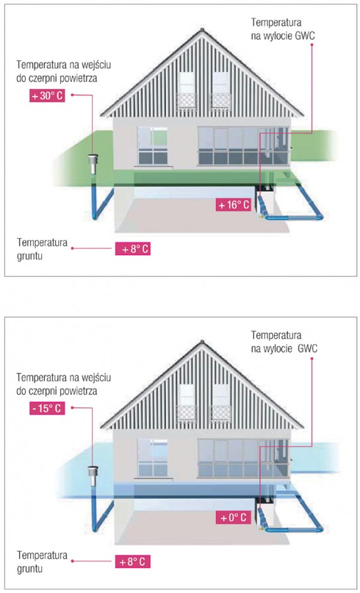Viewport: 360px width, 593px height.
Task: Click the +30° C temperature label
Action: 47,96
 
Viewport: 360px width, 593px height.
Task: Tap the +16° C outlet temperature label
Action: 234,205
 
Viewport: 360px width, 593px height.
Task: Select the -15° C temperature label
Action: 47,409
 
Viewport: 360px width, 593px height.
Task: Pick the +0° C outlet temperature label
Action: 234,517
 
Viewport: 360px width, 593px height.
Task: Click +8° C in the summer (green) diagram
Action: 133,249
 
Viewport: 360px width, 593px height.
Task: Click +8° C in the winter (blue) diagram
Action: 133,561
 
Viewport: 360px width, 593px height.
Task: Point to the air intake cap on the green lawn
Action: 92,164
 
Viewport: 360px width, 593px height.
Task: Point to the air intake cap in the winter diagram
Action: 92,476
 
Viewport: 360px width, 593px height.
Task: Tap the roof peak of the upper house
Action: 202,30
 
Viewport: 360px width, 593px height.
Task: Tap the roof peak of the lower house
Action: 202,342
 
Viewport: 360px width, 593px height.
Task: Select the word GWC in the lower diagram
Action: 308,349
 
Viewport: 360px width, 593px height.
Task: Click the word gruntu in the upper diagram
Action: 30,256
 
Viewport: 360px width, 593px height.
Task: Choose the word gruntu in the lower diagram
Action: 30,569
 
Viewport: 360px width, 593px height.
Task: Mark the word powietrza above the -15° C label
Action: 78,390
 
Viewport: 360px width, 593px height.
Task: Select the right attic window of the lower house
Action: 221,402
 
